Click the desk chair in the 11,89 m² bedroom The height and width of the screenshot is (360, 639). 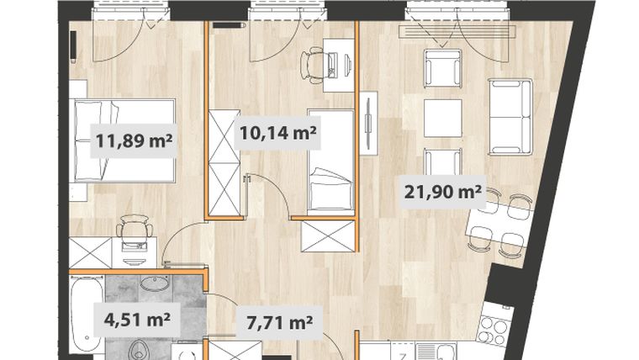coord(133,227)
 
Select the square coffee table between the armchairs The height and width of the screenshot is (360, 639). coord(443,114)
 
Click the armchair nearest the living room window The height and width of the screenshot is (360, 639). coord(443,67)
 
